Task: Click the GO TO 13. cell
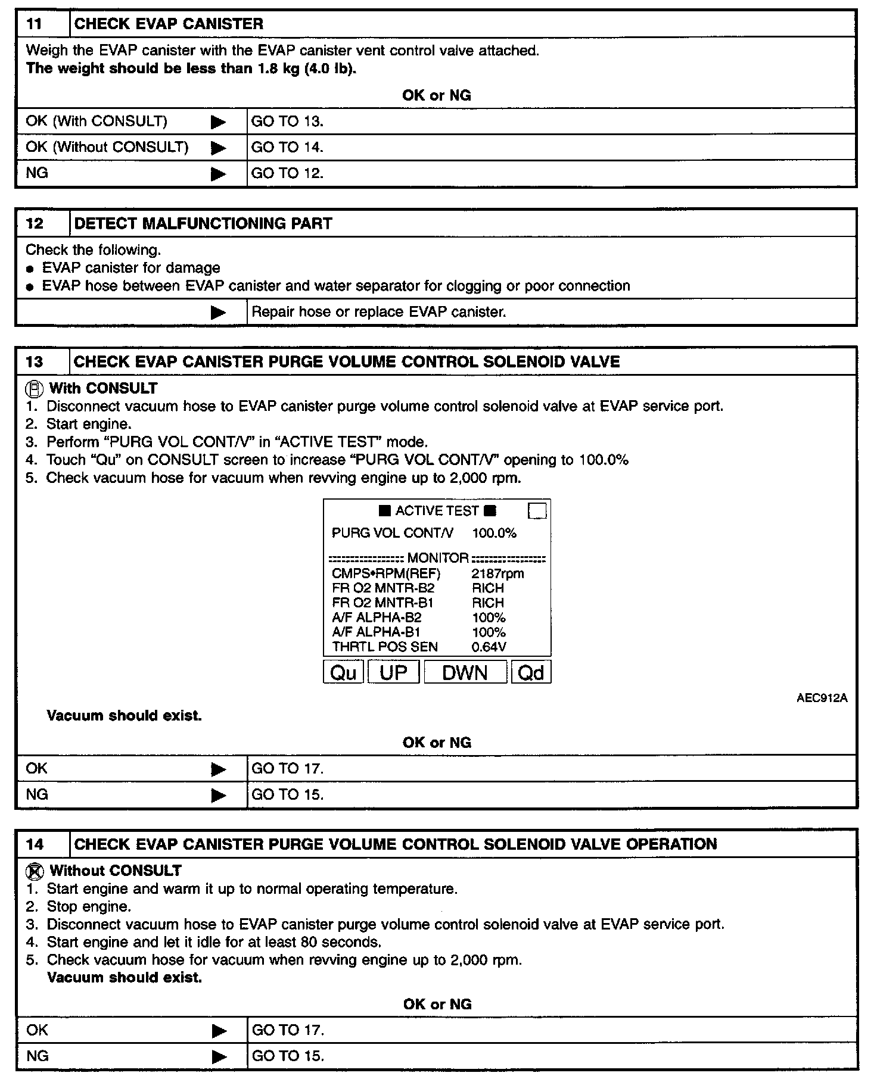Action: (287, 121)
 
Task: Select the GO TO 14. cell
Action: (287, 147)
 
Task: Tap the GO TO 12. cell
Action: (287, 173)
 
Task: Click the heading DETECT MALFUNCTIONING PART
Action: (203, 223)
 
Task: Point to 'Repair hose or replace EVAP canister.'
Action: (379, 312)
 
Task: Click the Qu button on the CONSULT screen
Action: (343, 672)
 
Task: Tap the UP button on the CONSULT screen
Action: (394, 672)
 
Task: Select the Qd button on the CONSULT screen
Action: (531, 672)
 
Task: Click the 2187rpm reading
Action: (497, 574)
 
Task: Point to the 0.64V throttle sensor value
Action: (489, 647)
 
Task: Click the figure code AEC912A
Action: (822, 698)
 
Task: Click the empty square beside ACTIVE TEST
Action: (537, 511)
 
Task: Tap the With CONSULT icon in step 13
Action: (36, 389)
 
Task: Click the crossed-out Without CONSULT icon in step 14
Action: (36, 871)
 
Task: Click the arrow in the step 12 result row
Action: (219, 313)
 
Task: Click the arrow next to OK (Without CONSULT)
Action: (219, 148)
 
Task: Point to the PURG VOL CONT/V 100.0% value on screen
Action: (494, 533)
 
